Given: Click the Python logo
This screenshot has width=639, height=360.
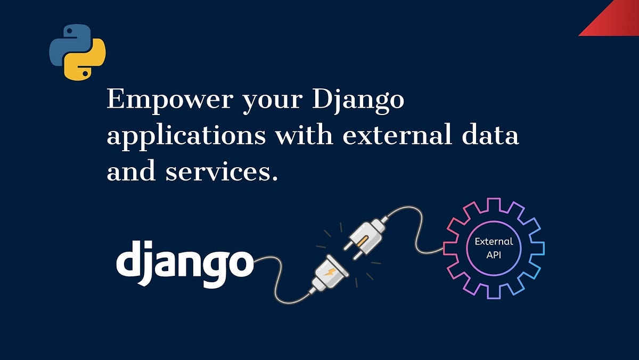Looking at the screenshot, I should (x=78, y=52).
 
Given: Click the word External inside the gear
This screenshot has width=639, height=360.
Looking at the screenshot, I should (x=494, y=241).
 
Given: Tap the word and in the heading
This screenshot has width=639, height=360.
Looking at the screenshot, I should (x=131, y=171).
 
